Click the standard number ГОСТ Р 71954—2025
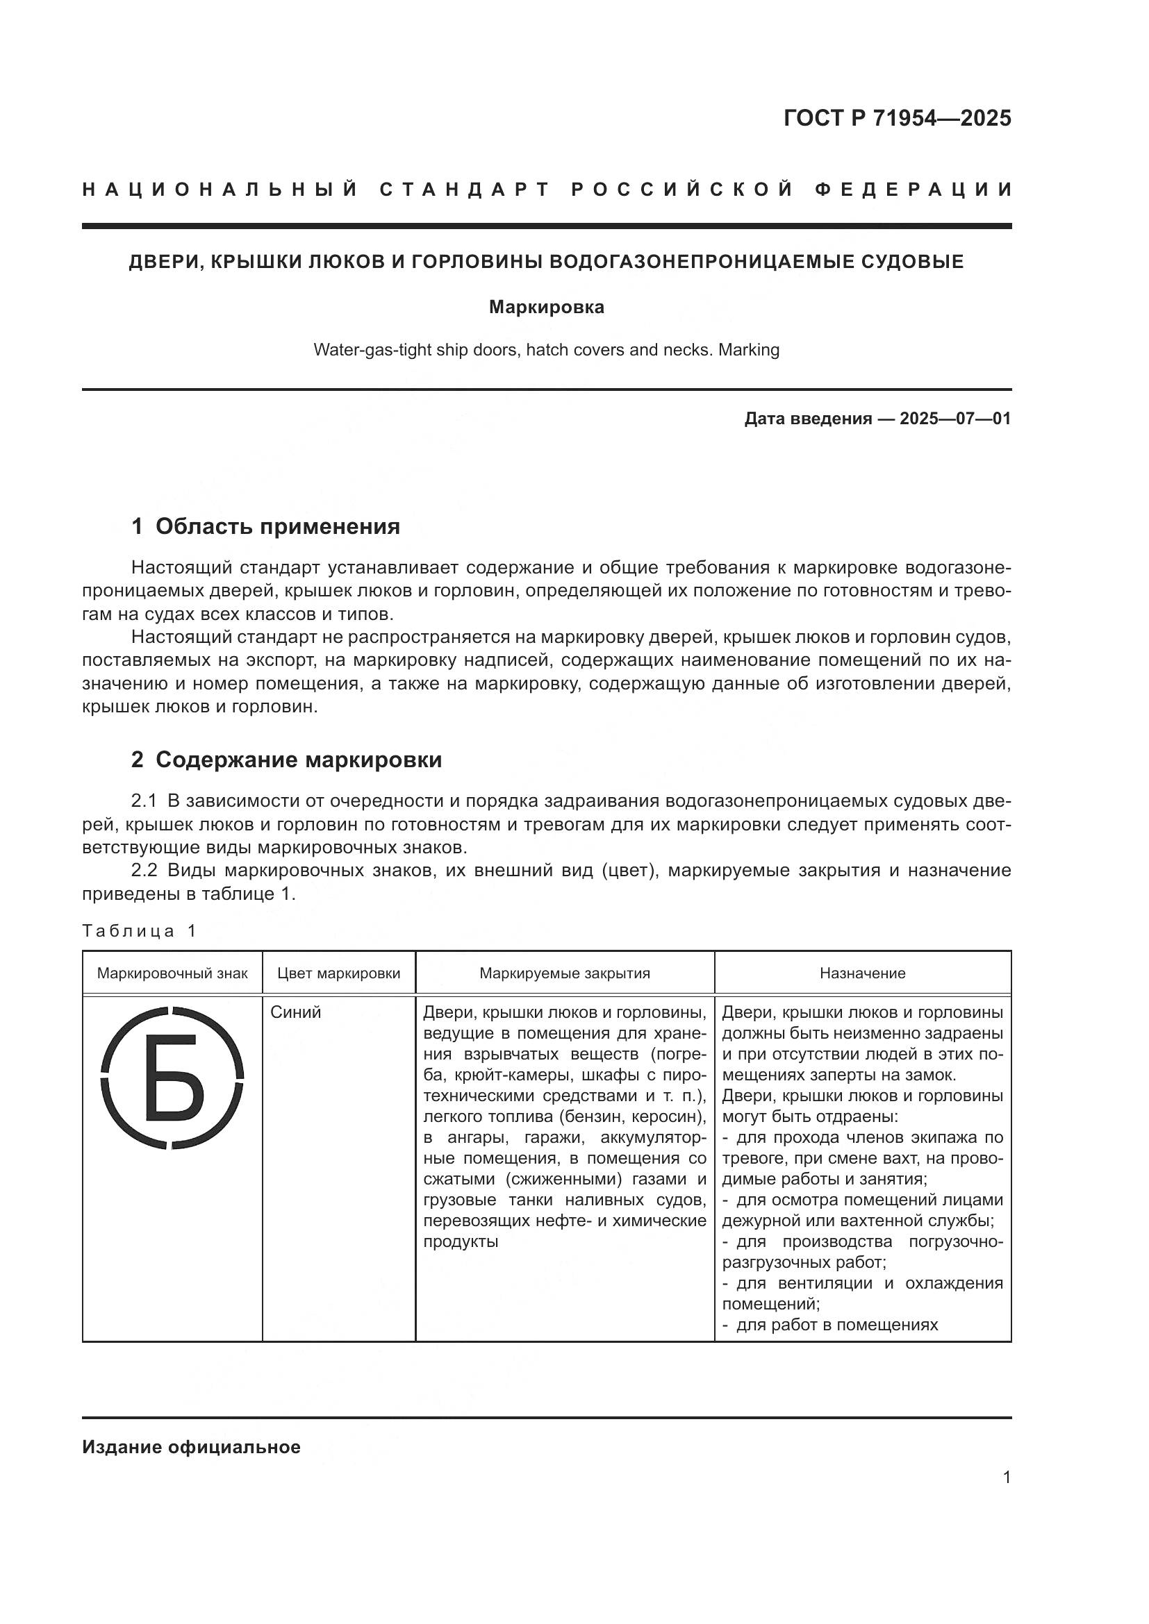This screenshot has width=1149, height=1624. point(897,118)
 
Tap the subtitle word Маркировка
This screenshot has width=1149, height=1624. point(546,308)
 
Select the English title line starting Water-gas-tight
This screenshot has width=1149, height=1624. point(546,350)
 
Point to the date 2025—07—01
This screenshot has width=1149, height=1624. point(955,419)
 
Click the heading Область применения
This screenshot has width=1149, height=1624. point(277,526)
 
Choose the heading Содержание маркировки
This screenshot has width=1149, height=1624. point(299,760)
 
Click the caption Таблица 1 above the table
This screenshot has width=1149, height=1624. point(139,931)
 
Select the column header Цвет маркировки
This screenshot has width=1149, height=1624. point(339,973)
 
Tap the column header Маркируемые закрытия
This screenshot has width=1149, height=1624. point(565,973)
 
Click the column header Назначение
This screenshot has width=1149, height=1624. point(863,973)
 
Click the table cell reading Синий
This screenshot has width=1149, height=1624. point(296,1012)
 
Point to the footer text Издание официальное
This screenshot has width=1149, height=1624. point(191,1447)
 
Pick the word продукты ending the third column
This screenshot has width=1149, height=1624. point(461,1241)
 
